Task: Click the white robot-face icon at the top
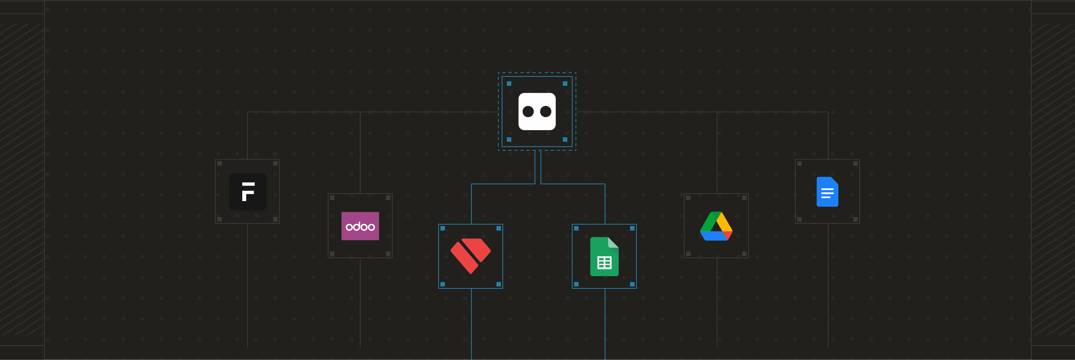(537, 112)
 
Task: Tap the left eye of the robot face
(528, 112)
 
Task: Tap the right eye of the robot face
(546, 112)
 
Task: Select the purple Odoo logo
(360, 226)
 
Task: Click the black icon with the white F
(247, 191)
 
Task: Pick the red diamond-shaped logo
(470, 256)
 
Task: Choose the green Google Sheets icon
(604, 257)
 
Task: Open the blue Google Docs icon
(827, 191)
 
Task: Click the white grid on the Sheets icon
(604, 263)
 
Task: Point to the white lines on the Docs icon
(827, 193)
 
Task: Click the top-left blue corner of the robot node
(509, 84)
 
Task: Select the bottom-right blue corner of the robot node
(565, 139)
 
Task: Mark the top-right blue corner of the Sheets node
(632, 228)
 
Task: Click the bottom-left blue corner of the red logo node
(443, 284)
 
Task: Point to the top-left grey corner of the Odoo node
(332, 198)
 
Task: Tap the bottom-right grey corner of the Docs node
(855, 219)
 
